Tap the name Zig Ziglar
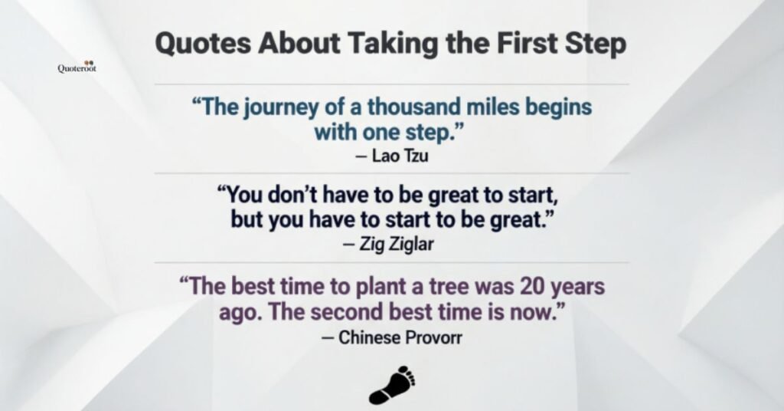[x=394, y=245]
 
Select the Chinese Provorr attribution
[x=392, y=337]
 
